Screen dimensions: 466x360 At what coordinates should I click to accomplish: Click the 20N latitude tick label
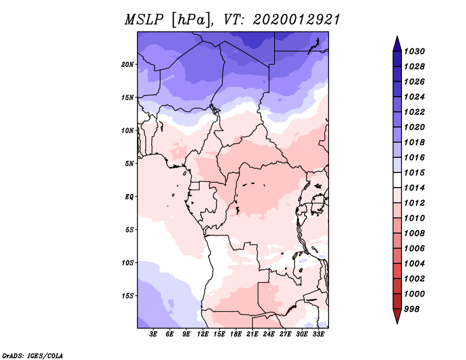pyautogui.click(x=128, y=65)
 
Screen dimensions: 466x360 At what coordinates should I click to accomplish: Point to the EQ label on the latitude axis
pyautogui.click(x=129, y=197)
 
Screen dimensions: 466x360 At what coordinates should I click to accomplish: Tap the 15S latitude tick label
pyautogui.click(x=128, y=296)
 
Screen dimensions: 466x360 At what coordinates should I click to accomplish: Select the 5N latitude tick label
pyautogui.click(x=129, y=164)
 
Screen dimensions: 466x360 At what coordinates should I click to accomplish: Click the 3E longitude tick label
pyautogui.click(x=153, y=334)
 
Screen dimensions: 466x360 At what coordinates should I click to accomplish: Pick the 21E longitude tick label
pyautogui.click(x=252, y=334)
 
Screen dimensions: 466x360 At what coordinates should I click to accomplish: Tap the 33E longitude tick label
pyautogui.click(x=318, y=334)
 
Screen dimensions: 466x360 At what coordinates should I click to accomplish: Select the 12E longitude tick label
pyautogui.click(x=203, y=334)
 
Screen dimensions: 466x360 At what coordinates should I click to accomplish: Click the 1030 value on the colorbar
pyautogui.click(x=414, y=51)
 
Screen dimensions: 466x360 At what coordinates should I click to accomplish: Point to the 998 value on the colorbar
pyautogui.click(x=412, y=309)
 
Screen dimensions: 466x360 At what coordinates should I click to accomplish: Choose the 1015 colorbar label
pyautogui.click(x=414, y=172)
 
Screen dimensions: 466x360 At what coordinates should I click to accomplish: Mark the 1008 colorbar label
pyautogui.click(x=414, y=234)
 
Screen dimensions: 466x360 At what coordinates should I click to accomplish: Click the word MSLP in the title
pyautogui.click(x=144, y=20)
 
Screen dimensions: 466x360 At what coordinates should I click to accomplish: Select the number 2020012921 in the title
pyautogui.click(x=296, y=20)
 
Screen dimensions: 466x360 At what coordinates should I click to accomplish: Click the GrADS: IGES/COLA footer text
pyautogui.click(x=33, y=356)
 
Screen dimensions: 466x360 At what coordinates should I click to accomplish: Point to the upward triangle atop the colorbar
pyautogui.click(x=397, y=44)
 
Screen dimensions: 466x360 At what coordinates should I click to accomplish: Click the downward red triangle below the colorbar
pyautogui.click(x=397, y=316)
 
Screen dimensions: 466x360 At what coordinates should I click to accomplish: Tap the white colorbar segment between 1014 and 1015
pyautogui.click(x=397, y=180)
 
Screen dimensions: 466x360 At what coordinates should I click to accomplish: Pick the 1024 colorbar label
pyautogui.click(x=414, y=97)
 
